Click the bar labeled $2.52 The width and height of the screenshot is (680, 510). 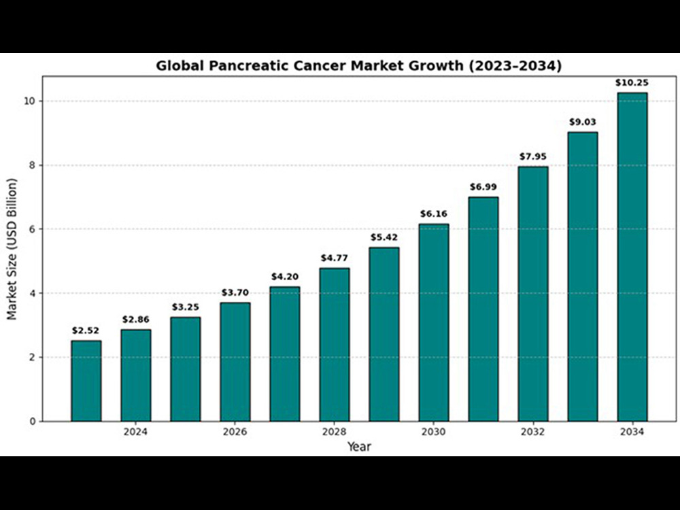tap(86, 381)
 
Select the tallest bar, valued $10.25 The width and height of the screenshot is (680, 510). tap(632, 257)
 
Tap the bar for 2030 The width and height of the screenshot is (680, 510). tap(434, 322)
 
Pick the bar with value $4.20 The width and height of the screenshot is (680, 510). tap(285, 354)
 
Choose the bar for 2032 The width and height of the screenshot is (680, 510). tap(533, 294)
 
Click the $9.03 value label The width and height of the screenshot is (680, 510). tap(583, 122)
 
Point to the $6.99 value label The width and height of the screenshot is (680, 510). tap(483, 187)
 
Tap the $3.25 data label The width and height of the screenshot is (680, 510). tap(186, 307)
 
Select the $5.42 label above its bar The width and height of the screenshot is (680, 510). tap(384, 237)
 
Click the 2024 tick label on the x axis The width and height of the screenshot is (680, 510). tap(135, 432)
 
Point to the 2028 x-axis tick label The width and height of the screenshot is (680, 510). tap(334, 432)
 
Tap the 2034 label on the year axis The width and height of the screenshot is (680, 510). tap(632, 432)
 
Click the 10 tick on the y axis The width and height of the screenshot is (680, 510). tap(30, 101)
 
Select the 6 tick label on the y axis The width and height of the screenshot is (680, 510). tap(33, 229)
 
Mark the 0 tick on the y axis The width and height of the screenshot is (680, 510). tap(33, 422)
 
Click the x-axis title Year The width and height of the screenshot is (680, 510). tap(359, 446)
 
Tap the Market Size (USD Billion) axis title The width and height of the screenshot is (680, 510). tap(12, 249)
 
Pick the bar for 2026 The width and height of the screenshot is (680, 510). tap(235, 362)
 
